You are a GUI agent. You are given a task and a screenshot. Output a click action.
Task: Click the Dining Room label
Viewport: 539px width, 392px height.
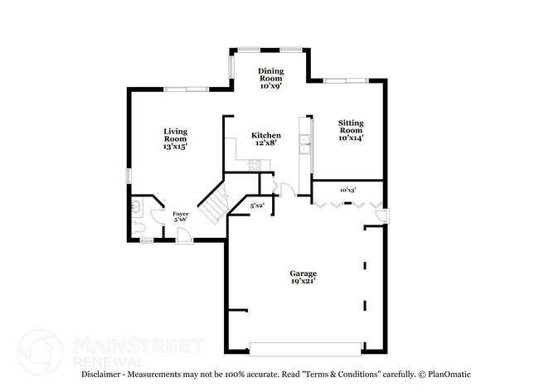(x=270, y=78)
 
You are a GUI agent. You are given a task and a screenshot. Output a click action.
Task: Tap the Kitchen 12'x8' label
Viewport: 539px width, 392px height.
(x=266, y=139)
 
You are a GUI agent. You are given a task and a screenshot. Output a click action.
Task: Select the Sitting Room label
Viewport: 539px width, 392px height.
(x=350, y=131)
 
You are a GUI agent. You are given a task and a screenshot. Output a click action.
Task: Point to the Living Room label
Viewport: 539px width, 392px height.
(x=174, y=138)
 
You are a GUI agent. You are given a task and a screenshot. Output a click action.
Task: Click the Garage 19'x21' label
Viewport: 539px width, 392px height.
(x=303, y=278)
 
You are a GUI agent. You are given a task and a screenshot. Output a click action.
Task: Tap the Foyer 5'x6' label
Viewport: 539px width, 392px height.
(x=180, y=218)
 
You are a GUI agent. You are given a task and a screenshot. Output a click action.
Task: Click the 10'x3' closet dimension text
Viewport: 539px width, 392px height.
(x=348, y=191)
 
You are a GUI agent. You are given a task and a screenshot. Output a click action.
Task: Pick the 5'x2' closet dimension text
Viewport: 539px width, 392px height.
(x=258, y=206)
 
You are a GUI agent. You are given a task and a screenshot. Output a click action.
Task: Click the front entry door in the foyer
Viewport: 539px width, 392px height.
(x=185, y=238)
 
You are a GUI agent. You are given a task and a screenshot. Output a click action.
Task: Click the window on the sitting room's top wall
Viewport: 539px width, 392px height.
(x=346, y=80)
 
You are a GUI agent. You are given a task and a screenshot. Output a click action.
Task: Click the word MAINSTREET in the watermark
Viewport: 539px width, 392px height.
(x=134, y=345)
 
